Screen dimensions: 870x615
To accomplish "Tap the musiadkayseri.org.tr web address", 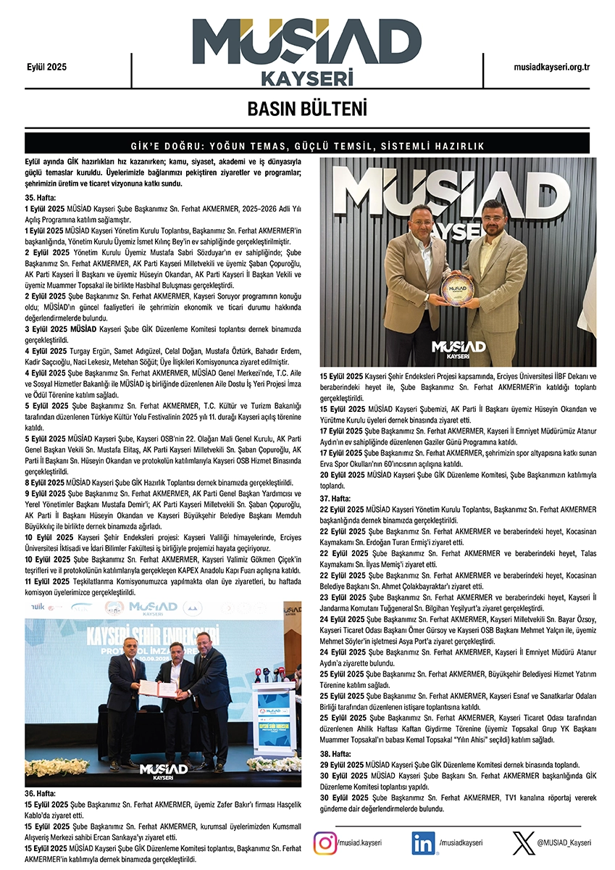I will pyautogui.click(x=551, y=67).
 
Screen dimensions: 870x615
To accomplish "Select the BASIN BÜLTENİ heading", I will pyautogui.click(x=307, y=109).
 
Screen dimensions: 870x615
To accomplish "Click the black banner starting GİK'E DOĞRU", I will pyautogui.click(x=307, y=146).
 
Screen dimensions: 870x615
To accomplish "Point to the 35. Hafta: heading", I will pyautogui.click(x=41, y=197).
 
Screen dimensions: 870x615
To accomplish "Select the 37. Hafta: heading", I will pyautogui.click(x=335, y=499).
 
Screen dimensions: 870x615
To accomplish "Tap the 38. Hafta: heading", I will pyautogui.click(x=335, y=753).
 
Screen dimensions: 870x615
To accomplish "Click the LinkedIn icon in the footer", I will pyautogui.click(x=423, y=843).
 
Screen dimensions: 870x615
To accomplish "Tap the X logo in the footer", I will pyautogui.click(x=522, y=843).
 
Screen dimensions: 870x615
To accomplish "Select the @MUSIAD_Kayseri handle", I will pyautogui.click(x=564, y=842).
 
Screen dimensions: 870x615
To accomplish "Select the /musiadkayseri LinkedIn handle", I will pyautogui.click(x=460, y=842).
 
